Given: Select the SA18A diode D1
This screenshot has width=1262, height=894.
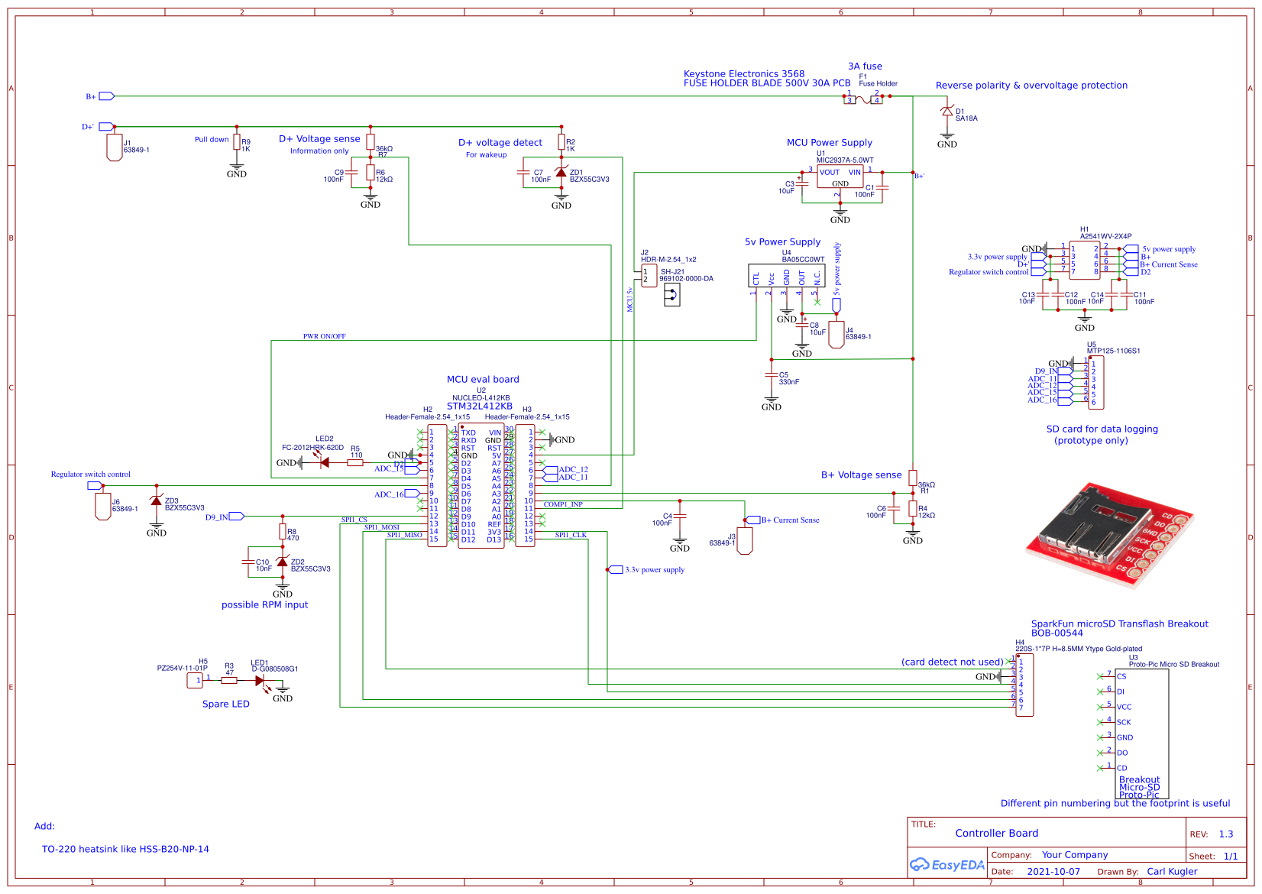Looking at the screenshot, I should [947, 112].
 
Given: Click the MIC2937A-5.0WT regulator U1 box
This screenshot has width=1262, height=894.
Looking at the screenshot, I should [840, 177].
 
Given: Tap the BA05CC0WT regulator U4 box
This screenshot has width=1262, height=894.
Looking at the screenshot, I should [786, 276].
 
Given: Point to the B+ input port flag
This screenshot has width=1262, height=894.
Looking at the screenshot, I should [106, 96].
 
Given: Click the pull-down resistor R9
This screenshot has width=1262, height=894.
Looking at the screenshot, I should [237, 144].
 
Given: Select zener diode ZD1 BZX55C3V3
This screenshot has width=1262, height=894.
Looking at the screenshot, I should [561, 173].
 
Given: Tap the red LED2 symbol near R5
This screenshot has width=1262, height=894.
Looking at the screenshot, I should [325, 462].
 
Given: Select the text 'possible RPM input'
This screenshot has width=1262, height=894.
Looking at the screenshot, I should [264, 604].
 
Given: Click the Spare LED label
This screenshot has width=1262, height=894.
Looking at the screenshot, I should [225, 704].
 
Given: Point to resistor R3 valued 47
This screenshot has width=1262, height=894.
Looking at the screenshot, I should [228, 679].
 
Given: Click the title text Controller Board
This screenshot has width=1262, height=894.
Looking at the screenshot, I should [996, 833].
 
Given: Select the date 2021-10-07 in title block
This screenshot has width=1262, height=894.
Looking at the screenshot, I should [1053, 871].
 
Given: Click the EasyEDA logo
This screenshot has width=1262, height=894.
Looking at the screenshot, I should [946, 865].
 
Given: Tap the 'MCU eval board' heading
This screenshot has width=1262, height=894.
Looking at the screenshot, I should [483, 379].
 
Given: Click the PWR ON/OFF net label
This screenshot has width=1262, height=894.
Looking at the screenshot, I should [324, 336].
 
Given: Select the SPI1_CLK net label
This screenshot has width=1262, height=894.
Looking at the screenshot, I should [571, 535].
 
